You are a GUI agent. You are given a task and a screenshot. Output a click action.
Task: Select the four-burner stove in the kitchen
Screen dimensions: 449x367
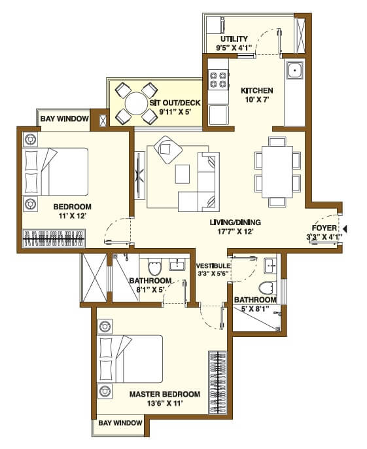[x=218, y=80]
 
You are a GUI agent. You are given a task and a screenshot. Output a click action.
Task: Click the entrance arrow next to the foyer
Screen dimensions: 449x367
[x=346, y=228]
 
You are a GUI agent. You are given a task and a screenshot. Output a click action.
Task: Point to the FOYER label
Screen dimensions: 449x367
[x=324, y=228]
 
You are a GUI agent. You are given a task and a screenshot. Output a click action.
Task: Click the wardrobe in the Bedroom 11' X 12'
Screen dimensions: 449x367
[x=55, y=238]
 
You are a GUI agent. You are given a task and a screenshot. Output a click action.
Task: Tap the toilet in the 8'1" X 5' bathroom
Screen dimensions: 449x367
[x=154, y=268]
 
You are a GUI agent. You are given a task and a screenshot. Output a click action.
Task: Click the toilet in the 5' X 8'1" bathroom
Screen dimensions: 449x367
[x=267, y=289]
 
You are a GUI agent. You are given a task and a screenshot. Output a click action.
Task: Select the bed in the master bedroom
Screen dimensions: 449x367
[x=130, y=359]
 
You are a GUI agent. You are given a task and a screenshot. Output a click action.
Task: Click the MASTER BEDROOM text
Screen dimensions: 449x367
[x=164, y=394]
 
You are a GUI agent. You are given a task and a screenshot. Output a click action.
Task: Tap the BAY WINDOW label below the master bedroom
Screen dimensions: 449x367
[x=120, y=423]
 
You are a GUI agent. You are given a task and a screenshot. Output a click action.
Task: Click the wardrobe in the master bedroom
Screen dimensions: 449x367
[x=217, y=382]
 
